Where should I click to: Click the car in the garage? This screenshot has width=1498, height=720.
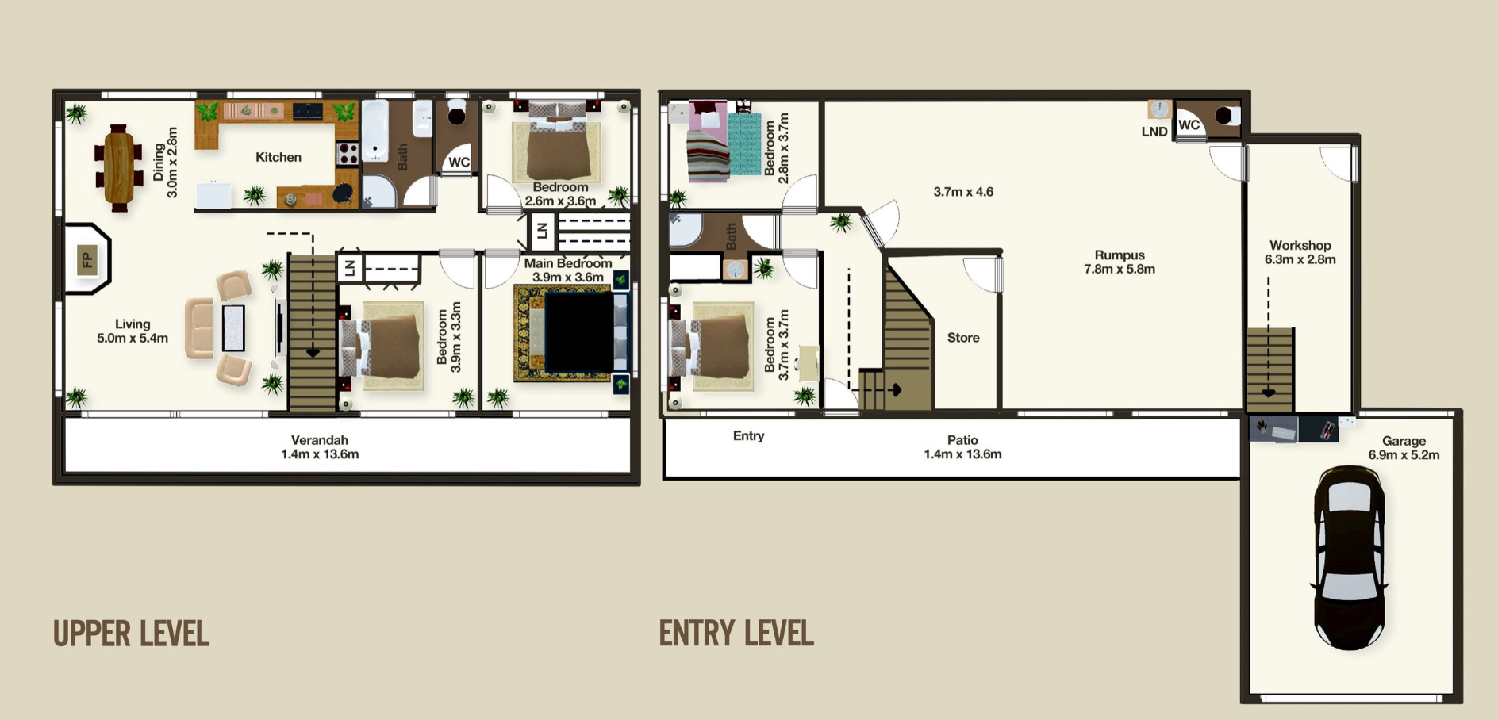point(1350,557)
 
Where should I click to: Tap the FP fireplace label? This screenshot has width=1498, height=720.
point(87,259)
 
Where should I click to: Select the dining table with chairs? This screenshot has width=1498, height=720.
point(118,167)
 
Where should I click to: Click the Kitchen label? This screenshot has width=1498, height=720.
point(278,157)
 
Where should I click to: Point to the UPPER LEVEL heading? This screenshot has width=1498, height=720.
point(131,634)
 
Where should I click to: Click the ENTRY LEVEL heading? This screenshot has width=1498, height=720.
point(736,634)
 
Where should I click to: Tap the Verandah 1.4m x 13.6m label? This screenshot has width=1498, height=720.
point(320,447)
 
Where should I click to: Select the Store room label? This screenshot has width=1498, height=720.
point(963,338)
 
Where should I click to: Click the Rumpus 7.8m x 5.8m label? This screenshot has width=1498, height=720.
point(1120,262)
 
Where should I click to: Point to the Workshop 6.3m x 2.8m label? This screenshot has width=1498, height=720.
point(1300,252)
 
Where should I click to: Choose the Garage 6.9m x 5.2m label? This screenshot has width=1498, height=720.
point(1404,448)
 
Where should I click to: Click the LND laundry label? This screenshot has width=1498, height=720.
point(1154,132)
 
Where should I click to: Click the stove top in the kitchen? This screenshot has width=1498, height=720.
point(348,153)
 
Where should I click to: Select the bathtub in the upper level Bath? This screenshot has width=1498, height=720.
point(375,131)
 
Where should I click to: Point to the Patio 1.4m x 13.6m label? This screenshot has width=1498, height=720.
point(962,447)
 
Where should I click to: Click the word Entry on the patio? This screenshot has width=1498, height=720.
point(748,436)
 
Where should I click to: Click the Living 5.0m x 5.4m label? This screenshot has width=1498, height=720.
point(133,331)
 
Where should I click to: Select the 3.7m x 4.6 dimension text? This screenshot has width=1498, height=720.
point(963,192)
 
